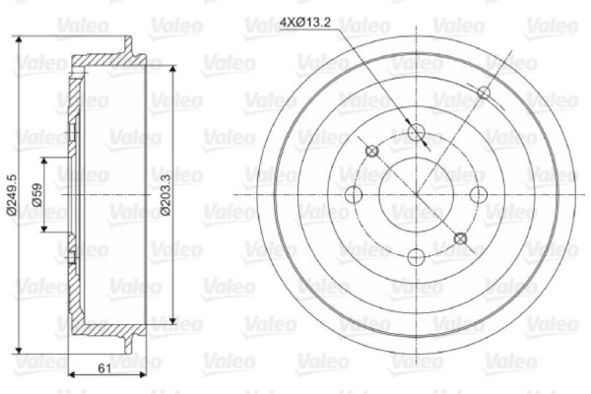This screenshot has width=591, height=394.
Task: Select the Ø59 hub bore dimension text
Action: (x=36, y=194)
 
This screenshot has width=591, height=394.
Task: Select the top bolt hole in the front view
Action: (x=416, y=131)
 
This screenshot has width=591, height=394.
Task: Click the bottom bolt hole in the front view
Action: (x=416, y=257)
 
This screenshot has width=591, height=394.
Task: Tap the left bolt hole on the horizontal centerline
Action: (x=353, y=194)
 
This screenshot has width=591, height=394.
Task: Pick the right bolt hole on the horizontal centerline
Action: (x=480, y=194)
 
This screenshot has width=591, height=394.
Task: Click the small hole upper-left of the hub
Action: (x=372, y=151)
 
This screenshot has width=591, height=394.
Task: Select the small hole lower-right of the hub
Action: (x=460, y=237)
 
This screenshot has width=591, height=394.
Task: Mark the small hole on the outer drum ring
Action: (x=484, y=93)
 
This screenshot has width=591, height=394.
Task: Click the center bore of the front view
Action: (x=416, y=194)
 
